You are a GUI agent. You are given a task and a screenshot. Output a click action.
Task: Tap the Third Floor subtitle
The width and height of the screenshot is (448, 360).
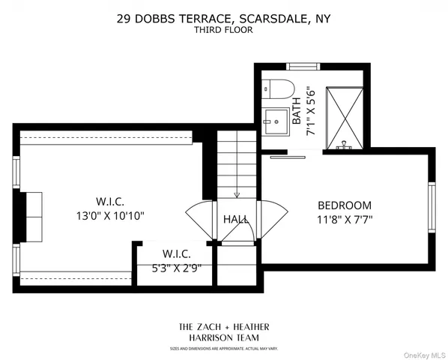(x=223, y=30)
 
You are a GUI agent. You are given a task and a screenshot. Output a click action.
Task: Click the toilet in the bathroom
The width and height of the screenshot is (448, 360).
(x=273, y=88)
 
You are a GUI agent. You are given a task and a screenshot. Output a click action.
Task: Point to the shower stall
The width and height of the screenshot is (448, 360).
(x=343, y=112)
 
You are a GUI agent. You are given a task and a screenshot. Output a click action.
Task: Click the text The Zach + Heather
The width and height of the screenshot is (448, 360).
(x=223, y=327)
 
